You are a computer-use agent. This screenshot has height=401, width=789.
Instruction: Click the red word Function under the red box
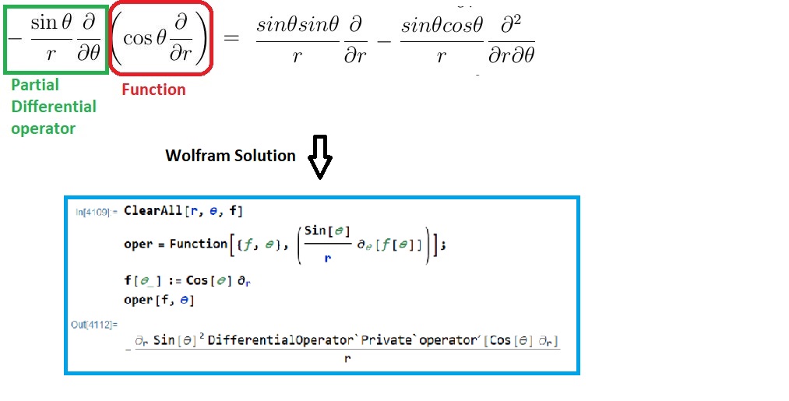pyautogui.click(x=153, y=90)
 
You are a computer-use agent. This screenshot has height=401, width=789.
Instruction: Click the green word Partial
pyautogui.click(x=34, y=84)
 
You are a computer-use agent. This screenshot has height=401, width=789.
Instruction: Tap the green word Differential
pyautogui.click(x=54, y=106)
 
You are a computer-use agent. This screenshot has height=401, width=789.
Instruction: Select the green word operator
pyautogui.click(x=43, y=128)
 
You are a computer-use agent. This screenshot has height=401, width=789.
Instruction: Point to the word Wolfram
pyautogui.click(x=195, y=156)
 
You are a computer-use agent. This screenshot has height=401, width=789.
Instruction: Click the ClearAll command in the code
pyautogui.click(x=155, y=211)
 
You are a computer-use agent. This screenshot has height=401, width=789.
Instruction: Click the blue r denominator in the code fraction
pyautogui.click(x=328, y=259)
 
